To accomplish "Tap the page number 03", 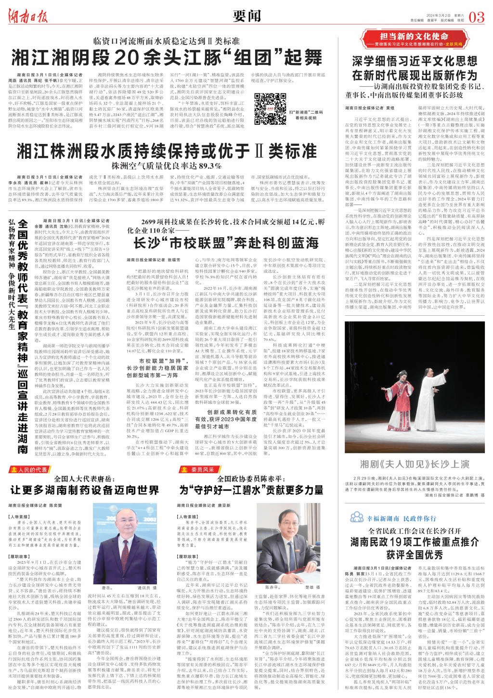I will [x=476, y=17].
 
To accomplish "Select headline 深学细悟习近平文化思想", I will [x=414, y=62].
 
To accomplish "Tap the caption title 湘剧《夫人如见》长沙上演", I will [x=415, y=465].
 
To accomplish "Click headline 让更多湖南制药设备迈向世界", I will [x=85, y=490].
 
